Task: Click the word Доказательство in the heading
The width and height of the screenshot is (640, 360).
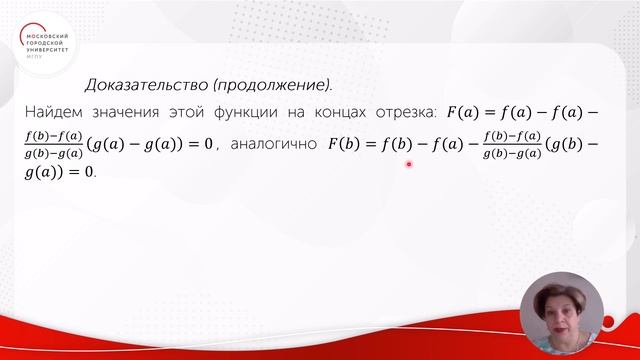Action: pos(146,85)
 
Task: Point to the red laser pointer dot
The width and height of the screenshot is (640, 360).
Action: pos(409,164)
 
